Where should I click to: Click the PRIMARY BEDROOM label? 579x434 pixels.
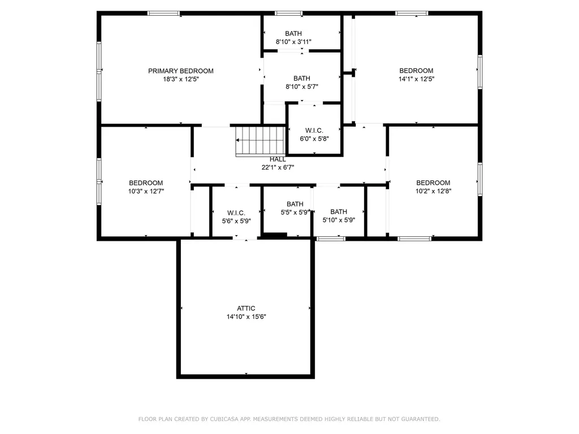click(180, 71)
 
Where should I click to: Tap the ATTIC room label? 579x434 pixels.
click(246, 309)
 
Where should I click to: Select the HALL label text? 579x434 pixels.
click(278, 159)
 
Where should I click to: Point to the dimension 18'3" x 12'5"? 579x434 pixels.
click(181, 79)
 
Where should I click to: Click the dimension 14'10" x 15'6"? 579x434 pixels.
click(247, 316)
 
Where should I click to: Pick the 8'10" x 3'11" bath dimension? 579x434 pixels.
click(293, 42)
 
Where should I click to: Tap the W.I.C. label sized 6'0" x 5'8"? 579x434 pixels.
click(314, 131)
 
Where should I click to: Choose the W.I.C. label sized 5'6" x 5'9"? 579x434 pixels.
click(236, 213)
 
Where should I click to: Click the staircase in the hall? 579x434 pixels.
click(261, 141)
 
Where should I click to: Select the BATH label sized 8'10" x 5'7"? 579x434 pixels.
click(302, 78)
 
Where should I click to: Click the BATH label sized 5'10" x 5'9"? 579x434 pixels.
click(339, 212)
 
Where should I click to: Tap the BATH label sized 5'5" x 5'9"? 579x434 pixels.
click(295, 204)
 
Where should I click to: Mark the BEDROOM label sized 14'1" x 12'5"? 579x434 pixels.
click(416, 71)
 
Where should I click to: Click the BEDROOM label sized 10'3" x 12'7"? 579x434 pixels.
click(146, 183)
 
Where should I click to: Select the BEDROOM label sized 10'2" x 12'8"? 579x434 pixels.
click(433, 183)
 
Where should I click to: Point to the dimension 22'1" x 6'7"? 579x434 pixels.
click(278, 167)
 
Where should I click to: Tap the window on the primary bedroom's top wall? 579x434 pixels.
click(163, 14)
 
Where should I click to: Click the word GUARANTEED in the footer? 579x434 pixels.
click(421, 419)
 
